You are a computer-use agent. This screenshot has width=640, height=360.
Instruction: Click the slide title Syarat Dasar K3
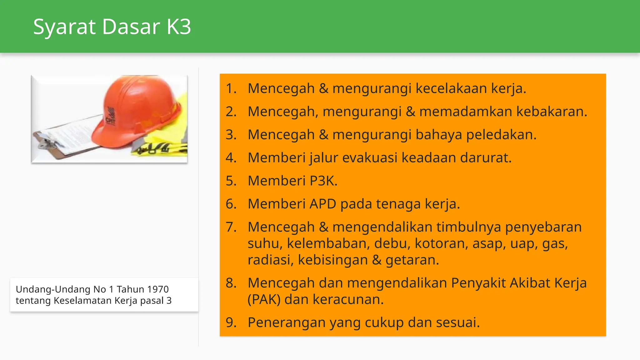112,27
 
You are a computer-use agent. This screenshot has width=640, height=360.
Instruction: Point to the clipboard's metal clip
47,142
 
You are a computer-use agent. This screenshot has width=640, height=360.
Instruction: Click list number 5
231,181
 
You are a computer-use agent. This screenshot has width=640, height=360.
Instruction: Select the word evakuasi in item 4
370,158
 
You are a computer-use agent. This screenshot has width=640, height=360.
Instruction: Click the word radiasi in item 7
270,260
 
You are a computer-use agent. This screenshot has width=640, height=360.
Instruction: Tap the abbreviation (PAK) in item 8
264,300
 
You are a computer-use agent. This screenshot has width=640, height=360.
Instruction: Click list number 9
231,322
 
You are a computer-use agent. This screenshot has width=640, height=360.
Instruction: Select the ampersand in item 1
323,88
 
